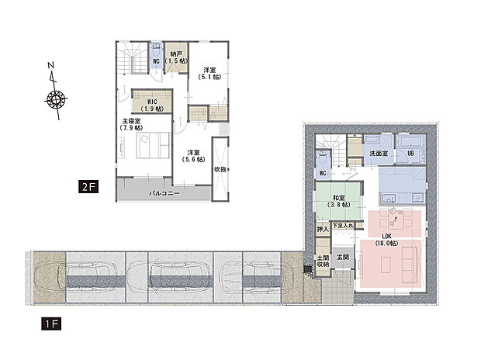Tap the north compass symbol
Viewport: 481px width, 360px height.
(56, 99)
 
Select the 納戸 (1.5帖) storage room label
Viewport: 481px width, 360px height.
(177, 57)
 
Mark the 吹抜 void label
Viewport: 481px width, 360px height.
(221, 169)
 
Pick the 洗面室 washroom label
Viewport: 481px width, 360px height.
(379, 154)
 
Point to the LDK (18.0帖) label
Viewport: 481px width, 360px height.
(389, 240)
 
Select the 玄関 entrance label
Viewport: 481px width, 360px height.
(342, 257)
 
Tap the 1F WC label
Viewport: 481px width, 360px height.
(323, 174)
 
